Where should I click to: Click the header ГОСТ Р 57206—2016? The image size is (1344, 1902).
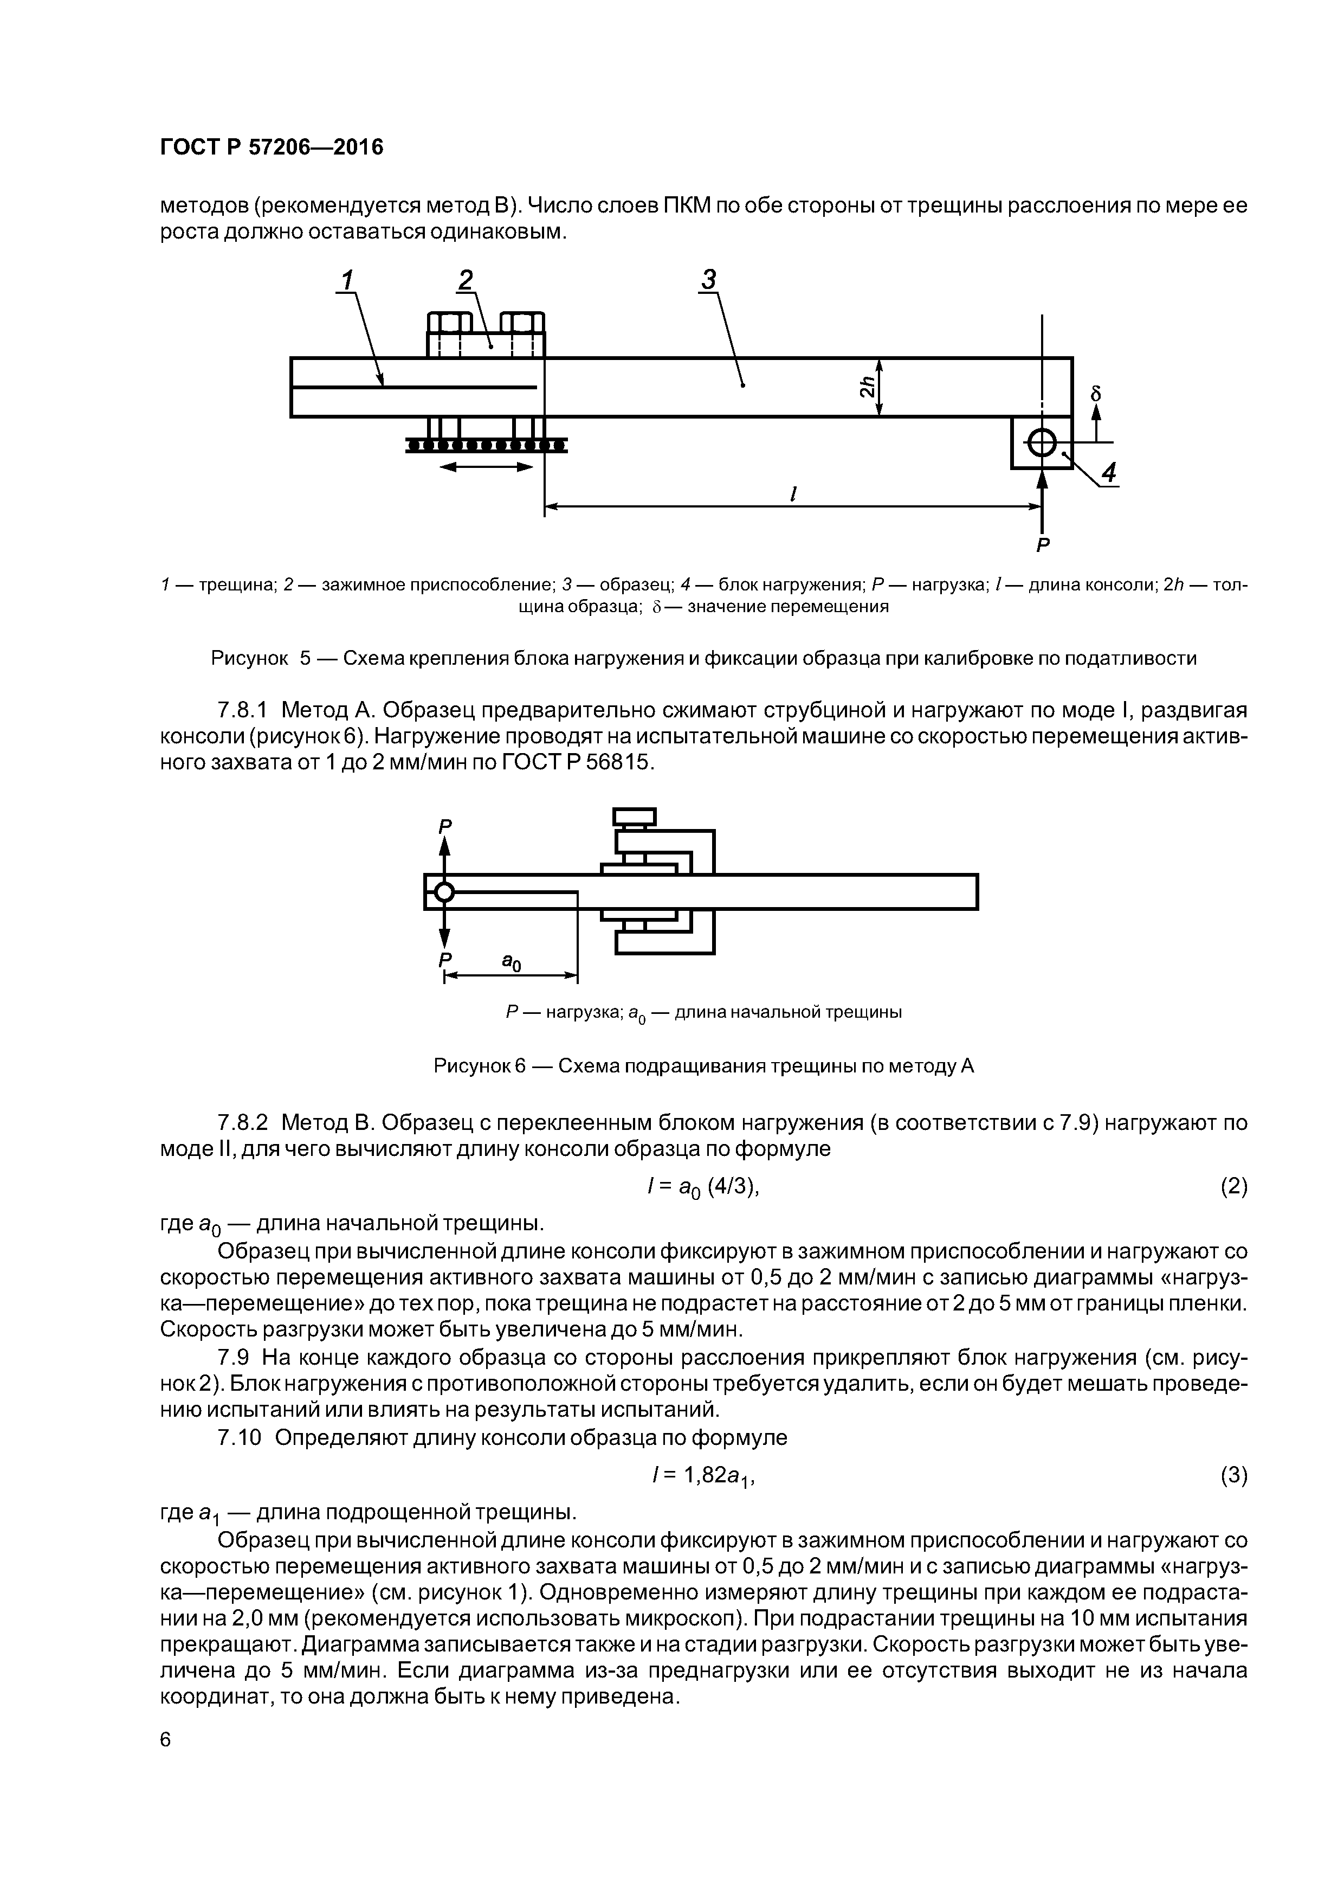point(272,147)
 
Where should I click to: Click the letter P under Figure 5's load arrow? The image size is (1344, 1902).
point(1043,545)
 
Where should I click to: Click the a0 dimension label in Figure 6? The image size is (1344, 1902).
point(512,962)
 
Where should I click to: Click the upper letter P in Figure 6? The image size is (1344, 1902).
point(445,826)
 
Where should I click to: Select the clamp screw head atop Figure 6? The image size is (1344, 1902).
point(634,817)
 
